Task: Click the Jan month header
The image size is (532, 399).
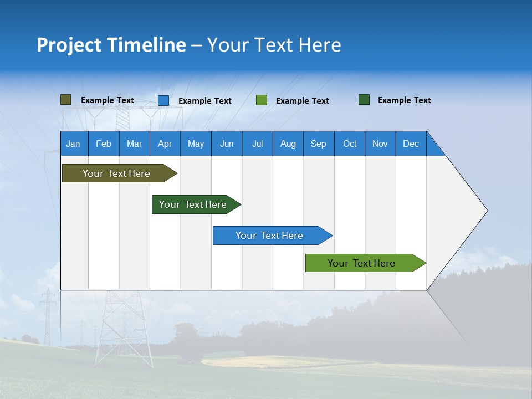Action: coord(74,144)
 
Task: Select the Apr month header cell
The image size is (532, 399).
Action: coord(165,144)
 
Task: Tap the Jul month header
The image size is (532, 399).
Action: coord(258,144)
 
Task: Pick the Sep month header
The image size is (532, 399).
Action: coord(319,144)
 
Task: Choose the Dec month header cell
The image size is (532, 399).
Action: coord(411,144)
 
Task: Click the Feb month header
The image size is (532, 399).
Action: coord(104,144)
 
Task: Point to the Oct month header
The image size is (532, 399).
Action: coord(350,144)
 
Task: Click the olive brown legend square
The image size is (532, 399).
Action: coord(65,100)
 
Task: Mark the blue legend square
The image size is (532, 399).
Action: coord(163,100)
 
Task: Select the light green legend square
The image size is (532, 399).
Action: coord(262,100)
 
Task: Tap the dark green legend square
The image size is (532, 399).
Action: coord(364,100)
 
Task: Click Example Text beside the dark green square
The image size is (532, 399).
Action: coord(404,100)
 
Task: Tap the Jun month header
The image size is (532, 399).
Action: coord(227,144)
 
